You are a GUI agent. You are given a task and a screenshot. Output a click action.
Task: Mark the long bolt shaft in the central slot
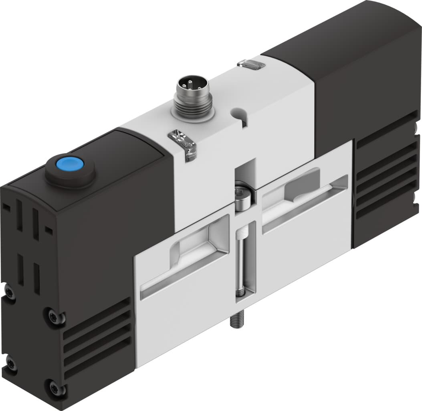(243, 261)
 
